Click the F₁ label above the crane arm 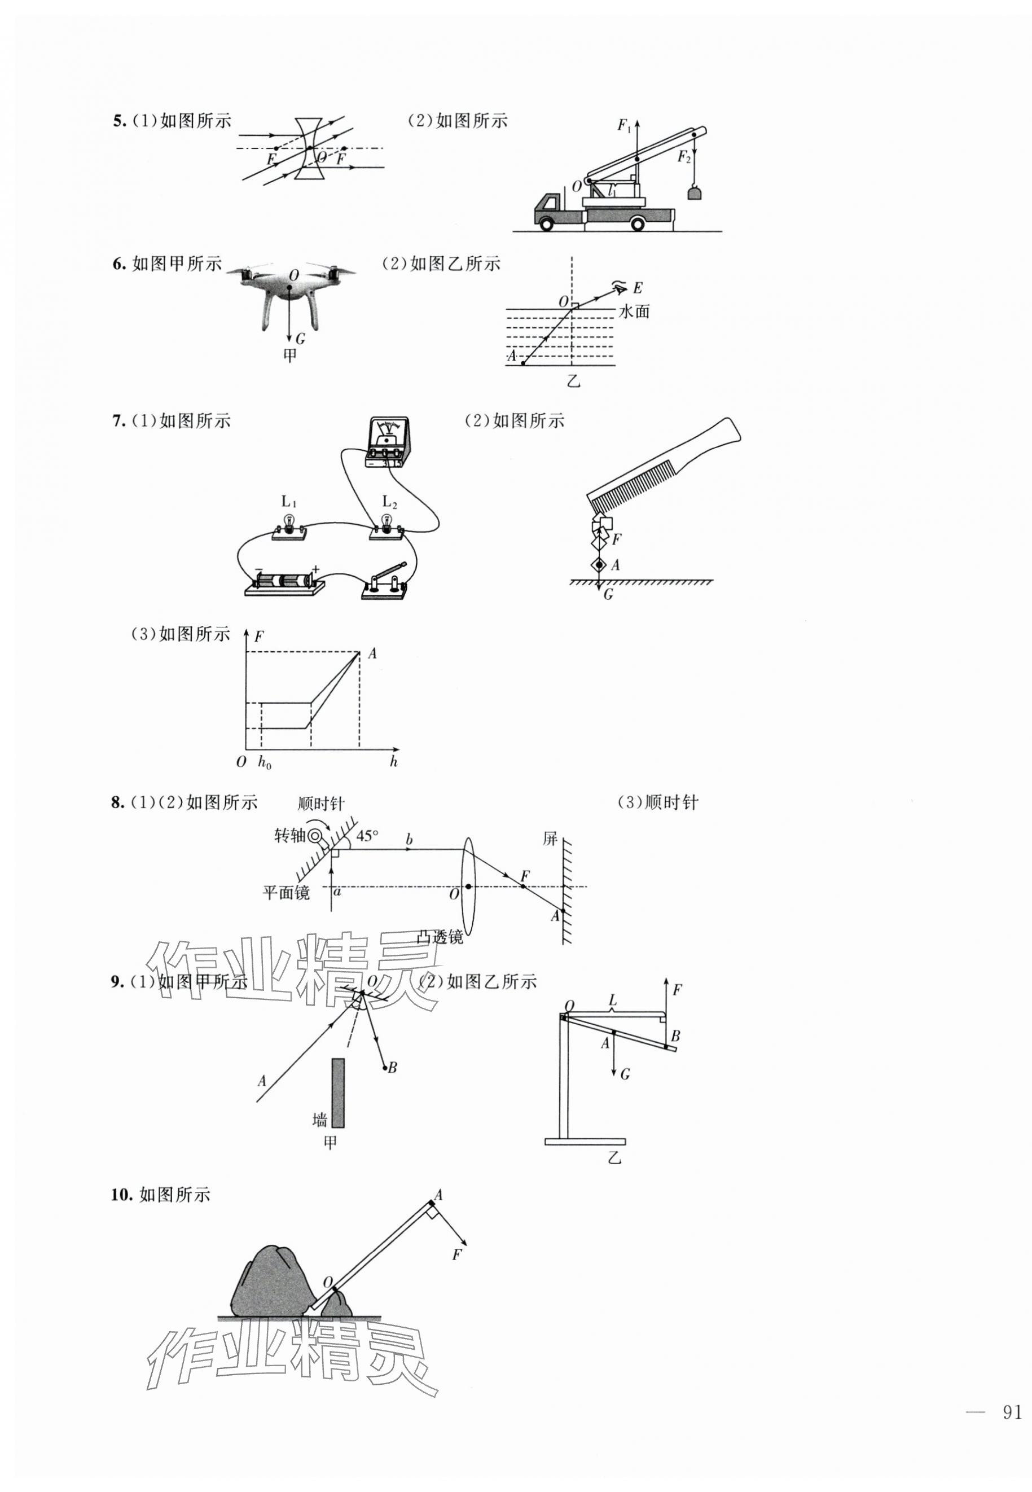[624, 126]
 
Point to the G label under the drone [300, 339]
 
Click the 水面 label [634, 311]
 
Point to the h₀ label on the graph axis [265, 762]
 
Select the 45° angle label [367, 836]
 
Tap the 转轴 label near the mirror [288, 836]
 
